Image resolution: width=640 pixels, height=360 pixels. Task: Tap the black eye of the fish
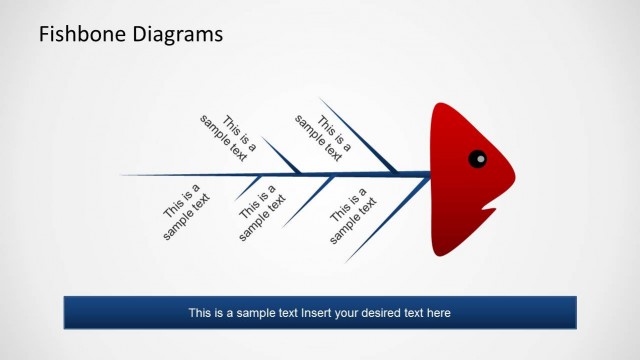click(478, 157)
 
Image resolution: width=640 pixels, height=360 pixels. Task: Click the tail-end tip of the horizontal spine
click(123, 175)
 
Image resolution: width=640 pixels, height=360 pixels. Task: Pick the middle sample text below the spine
click(262, 211)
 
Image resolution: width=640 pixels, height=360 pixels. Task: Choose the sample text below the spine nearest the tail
click(187, 211)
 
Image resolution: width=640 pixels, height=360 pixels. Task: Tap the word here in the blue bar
click(439, 313)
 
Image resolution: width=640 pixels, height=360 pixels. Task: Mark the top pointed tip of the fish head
click(438, 102)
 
